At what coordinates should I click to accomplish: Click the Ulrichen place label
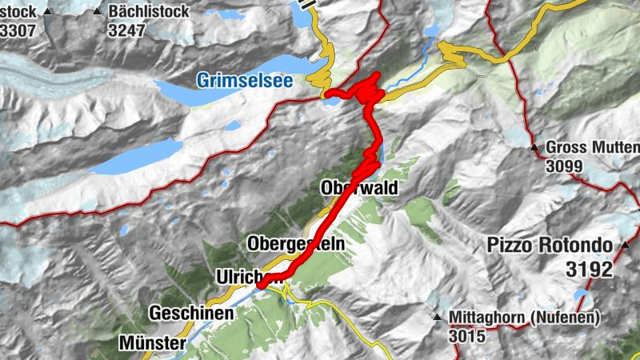pos(250,276)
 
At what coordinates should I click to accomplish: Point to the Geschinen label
pos(191,314)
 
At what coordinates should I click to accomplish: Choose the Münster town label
pos(152,343)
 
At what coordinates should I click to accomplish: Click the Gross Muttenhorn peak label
pos(592,148)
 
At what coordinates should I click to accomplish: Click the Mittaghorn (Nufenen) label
pos(524,318)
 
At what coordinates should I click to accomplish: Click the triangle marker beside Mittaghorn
pos(438,318)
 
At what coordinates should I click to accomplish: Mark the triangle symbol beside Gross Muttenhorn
pos(534,148)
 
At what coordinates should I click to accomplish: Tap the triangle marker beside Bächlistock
pos(98,12)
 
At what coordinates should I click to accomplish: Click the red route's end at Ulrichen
pos(261,283)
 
